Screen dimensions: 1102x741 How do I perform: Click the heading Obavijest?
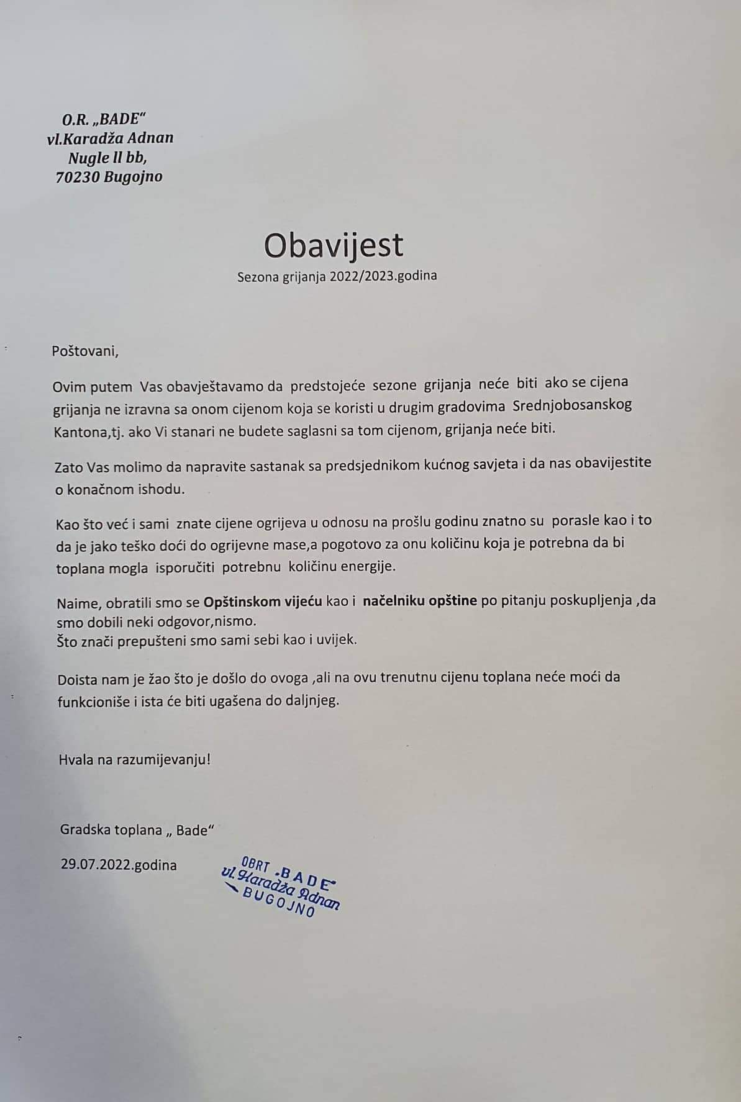334,245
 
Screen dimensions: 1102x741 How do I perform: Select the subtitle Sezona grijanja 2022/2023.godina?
337,276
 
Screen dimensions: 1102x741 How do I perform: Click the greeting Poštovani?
85,351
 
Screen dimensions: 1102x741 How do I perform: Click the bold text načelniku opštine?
420,601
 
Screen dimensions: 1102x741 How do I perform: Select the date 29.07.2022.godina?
118,865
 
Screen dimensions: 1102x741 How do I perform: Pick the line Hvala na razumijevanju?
135,759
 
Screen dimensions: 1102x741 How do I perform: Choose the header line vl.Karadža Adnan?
110,138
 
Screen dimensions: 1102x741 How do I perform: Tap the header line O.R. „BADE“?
107,118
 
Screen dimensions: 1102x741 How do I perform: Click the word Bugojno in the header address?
134,177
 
